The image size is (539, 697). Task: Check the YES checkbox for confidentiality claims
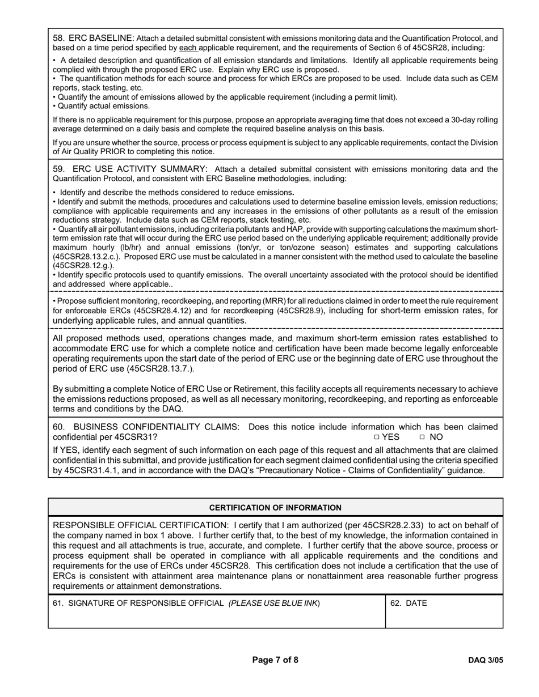377,437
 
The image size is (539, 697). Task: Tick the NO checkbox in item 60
422,437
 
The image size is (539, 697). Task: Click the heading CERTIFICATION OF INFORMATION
275,508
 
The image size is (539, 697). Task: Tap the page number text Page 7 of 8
275,660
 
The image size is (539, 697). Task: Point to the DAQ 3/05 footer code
485,660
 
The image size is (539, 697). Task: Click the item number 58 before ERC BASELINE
58,38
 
